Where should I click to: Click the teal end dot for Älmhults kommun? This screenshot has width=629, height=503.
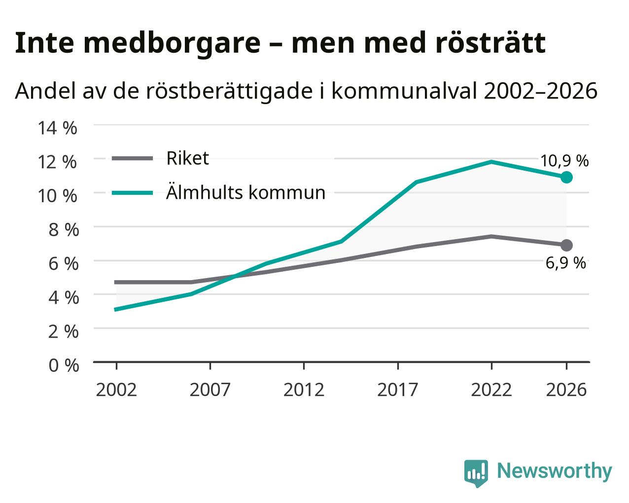click(x=566, y=177)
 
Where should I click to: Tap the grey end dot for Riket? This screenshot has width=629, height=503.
click(x=566, y=245)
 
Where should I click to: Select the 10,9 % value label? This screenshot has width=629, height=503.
click(x=564, y=161)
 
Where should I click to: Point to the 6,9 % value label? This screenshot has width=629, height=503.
click(x=565, y=263)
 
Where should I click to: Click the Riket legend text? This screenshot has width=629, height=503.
click(x=188, y=158)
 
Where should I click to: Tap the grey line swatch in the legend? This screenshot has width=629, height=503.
click(x=133, y=158)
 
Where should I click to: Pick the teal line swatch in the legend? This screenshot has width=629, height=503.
click(x=133, y=193)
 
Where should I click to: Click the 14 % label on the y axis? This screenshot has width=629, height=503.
click(x=58, y=128)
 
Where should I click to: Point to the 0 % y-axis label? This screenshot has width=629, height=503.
click(x=64, y=365)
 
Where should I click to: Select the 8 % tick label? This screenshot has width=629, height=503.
click(x=64, y=230)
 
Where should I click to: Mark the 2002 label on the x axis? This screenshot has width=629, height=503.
click(x=116, y=390)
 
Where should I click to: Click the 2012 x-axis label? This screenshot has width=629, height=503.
click(x=304, y=390)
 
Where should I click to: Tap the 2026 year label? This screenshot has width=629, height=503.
click(x=566, y=390)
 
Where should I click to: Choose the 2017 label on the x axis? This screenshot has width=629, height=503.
click(x=398, y=390)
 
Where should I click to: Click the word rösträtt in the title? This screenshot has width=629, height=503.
click(x=490, y=43)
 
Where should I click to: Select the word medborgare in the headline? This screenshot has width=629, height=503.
click(x=172, y=44)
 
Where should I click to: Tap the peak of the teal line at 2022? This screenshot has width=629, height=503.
click(x=491, y=162)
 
